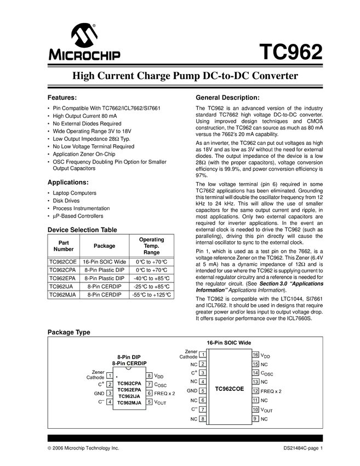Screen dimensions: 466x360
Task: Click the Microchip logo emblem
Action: (x=84, y=36)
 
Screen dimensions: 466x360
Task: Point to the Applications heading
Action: (x=68, y=182)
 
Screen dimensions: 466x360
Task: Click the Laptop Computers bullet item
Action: (x=75, y=193)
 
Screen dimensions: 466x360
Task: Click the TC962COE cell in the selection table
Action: (x=62, y=262)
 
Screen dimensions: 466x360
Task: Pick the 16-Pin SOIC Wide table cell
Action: (x=105, y=262)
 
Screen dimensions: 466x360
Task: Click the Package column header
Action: (x=105, y=246)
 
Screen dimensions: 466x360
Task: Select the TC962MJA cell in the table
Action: (x=62, y=294)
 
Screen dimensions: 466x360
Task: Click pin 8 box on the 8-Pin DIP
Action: (x=150, y=376)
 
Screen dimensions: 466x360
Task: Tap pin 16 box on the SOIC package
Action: (x=255, y=355)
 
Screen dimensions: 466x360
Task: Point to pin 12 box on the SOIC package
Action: (x=255, y=391)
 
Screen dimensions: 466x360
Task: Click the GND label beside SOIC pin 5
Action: (x=191, y=391)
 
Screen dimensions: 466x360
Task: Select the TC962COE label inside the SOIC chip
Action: (x=229, y=388)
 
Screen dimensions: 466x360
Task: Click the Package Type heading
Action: (x=68, y=332)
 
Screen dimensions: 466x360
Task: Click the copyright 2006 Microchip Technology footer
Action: (x=83, y=448)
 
